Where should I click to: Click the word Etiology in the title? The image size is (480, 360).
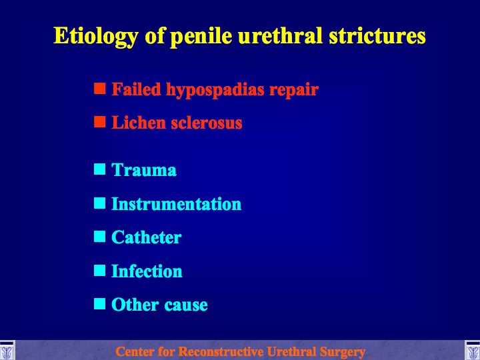tap(96, 37)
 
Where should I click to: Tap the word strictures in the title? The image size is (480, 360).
tap(377, 35)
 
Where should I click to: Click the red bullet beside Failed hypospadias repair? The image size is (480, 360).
tap(100, 88)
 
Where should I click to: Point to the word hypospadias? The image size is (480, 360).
tap(215, 90)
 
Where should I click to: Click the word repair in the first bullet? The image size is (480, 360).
tap(294, 91)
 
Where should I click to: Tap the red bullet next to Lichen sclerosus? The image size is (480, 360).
tap(100, 121)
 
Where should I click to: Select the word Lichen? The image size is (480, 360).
tap(139, 123)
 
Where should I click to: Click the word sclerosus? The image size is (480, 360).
tap(207, 123)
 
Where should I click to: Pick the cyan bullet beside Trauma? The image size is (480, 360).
tap(100, 169)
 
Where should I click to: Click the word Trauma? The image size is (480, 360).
tap(144, 170)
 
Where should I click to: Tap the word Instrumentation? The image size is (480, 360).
tap(176, 204)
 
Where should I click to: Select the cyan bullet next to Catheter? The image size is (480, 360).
tap(100, 236)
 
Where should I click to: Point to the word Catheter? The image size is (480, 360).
tap(146, 237)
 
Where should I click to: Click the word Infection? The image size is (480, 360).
tap(147, 271)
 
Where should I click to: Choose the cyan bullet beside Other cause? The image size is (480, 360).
tap(100, 304)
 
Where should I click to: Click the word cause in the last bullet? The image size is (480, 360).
tap(186, 305)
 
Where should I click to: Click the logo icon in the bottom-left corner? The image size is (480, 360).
tap(7, 350)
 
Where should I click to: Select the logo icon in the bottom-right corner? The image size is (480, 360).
tap(473, 350)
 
